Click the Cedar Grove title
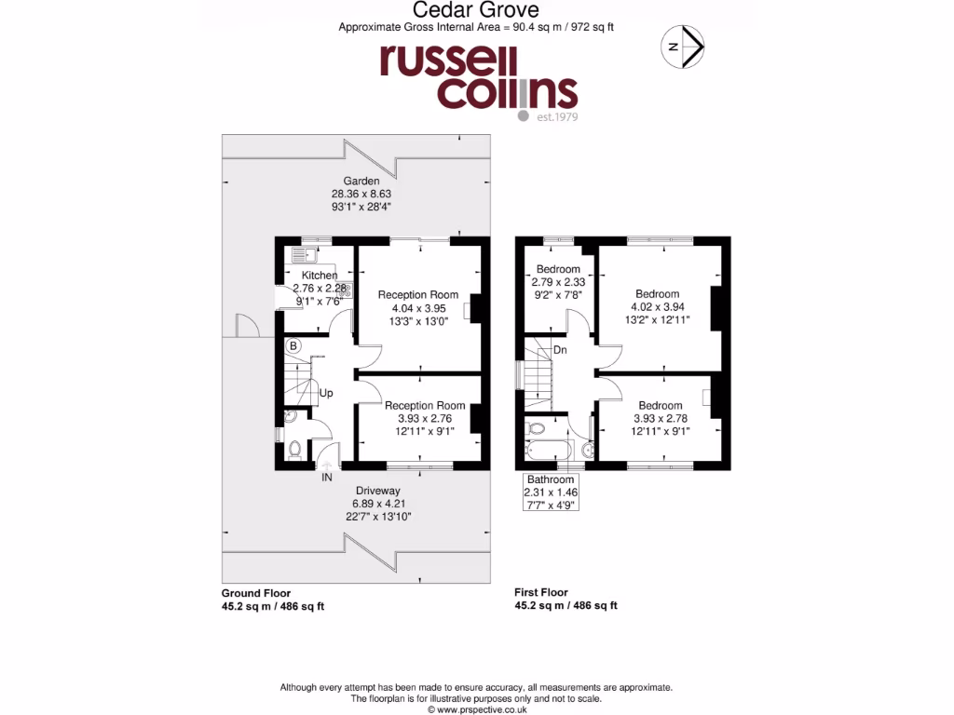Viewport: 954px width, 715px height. [x=476, y=10]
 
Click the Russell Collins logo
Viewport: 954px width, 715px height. [x=477, y=79]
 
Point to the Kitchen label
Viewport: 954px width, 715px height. [x=319, y=276]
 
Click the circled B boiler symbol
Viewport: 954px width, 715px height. [x=293, y=346]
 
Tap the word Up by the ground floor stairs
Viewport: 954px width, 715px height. [x=326, y=393]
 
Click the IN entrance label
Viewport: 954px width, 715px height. [x=327, y=478]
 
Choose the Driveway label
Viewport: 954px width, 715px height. [x=377, y=491]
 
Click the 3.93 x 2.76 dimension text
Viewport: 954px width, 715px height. [x=424, y=419]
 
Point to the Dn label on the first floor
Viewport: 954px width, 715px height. [x=561, y=350]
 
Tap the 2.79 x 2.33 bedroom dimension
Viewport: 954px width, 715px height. [x=558, y=282]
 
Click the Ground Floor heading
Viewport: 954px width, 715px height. [x=255, y=593]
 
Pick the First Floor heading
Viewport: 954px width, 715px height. [x=541, y=592]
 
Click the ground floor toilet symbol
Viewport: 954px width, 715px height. [x=294, y=451]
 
